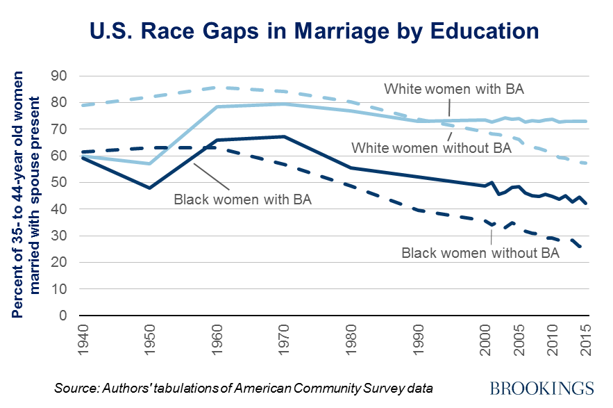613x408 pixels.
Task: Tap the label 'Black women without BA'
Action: [x=480, y=253]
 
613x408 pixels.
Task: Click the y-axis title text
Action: [x=26, y=195]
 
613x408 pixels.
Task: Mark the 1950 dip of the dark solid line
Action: [x=149, y=188]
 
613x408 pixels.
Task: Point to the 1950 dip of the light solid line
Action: [x=149, y=164]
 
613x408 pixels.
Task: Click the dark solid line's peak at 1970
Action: [x=284, y=137]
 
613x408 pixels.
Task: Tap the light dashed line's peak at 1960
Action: [x=217, y=88]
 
